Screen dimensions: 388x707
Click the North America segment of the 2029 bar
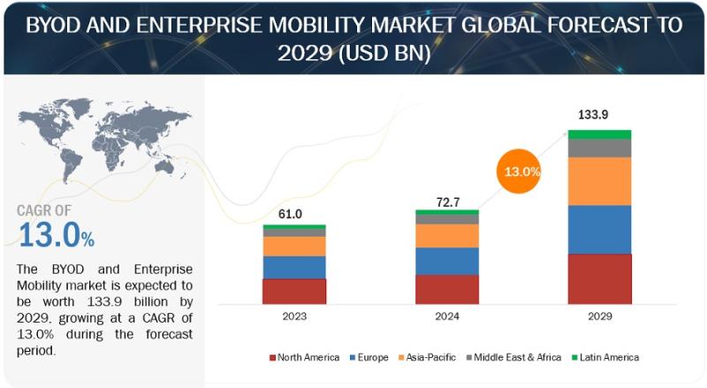click(x=599, y=278)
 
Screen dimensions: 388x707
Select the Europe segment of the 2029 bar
click(x=599, y=229)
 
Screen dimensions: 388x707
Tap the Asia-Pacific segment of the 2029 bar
click(x=599, y=180)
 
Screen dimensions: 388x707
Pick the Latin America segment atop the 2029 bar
click(x=599, y=134)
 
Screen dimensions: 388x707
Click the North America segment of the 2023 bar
click(x=294, y=291)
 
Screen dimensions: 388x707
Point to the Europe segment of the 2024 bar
click(x=446, y=261)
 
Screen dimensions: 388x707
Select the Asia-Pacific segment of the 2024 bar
click(x=446, y=235)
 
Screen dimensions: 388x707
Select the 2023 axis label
click(x=293, y=316)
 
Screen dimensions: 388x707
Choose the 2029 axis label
click(x=599, y=316)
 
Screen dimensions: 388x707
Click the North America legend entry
click(x=304, y=357)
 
